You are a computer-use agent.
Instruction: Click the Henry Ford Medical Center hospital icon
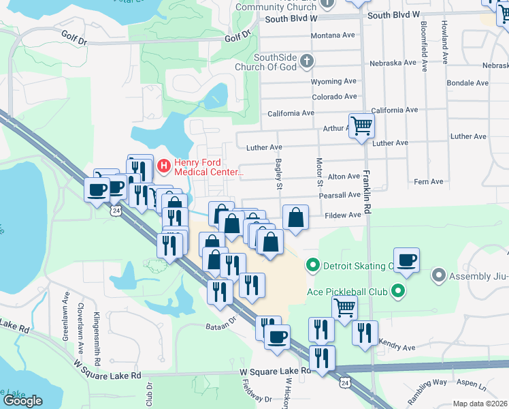(164, 166)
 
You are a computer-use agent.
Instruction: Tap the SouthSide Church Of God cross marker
(307, 61)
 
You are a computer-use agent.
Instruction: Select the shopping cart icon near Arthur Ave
(361, 125)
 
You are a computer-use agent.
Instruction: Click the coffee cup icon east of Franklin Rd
(406, 260)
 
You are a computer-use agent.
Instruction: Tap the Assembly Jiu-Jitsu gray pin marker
(438, 276)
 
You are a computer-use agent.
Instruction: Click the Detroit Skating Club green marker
(313, 265)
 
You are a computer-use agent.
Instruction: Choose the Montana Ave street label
(333, 35)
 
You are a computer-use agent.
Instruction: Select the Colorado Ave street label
(333, 97)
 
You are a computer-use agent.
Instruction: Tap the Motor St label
(319, 172)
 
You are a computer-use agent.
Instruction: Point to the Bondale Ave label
(468, 83)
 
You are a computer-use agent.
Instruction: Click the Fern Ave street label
(428, 182)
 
